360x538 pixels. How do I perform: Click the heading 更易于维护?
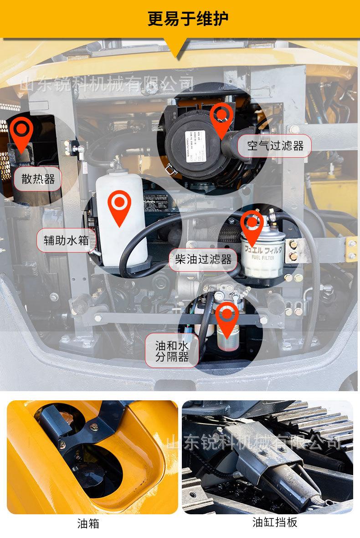(x=188, y=19)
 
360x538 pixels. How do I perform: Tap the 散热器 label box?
(x=38, y=179)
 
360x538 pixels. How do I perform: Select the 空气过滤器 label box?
(x=275, y=146)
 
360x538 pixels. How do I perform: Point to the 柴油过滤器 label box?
(x=203, y=260)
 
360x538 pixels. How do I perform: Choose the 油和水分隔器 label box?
(x=172, y=350)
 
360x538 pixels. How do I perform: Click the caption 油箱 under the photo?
(x=88, y=524)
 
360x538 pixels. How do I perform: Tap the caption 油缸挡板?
(x=275, y=522)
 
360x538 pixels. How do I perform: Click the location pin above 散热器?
(x=21, y=132)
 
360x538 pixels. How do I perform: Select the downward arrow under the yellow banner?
(x=176, y=48)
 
